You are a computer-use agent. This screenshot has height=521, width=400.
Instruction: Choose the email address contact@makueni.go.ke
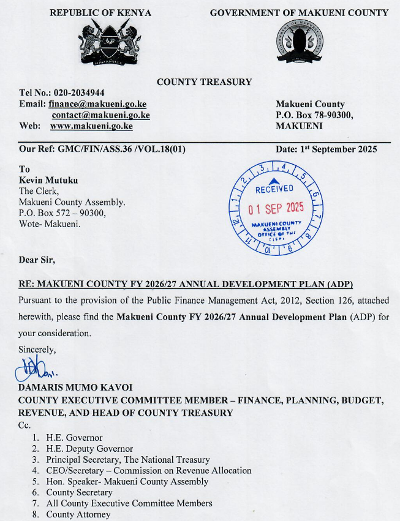[100, 114]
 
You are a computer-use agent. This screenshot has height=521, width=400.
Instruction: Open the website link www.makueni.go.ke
[91, 126]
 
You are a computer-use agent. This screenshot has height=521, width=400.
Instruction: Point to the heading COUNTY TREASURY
[204, 82]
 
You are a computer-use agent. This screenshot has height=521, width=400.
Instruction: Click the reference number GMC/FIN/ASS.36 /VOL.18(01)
[121, 149]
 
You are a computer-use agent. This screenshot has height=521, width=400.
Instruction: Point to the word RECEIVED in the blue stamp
[274, 189]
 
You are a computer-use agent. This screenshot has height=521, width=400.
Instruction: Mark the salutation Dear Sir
[37, 260]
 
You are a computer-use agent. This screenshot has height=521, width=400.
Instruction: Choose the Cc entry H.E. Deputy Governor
[89, 449]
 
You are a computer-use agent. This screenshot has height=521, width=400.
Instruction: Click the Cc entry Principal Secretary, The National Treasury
[128, 459]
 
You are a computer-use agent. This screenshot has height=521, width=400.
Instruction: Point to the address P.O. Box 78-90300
[314, 115]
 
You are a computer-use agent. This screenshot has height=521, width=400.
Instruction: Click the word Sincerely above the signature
[37, 350]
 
